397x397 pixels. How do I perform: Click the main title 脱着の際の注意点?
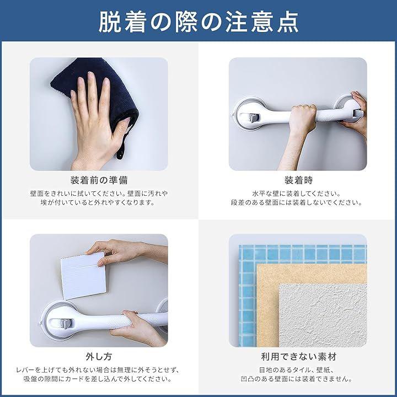(x=198, y=22)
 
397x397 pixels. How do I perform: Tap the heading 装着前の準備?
(x=99, y=180)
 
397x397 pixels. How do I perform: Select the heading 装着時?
(x=298, y=180)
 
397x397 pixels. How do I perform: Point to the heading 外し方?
(x=99, y=357)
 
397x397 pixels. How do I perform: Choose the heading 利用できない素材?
(x=299, y=357)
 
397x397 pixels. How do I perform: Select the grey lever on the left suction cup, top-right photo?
(x=254, y=118)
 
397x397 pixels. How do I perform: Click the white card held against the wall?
(x=83, y=276)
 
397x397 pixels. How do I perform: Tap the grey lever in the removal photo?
(x=65, y=324)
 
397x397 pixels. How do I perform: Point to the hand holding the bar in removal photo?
(x=138, y=328)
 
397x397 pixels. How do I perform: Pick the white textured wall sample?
(x=323, y=315)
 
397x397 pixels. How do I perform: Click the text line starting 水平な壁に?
(x=297, y=194)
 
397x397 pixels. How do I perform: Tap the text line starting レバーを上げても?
(x=98, y=370)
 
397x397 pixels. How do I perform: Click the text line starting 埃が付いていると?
(x=98, y=202)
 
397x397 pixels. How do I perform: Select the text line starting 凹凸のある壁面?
(x=297, y=379)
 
